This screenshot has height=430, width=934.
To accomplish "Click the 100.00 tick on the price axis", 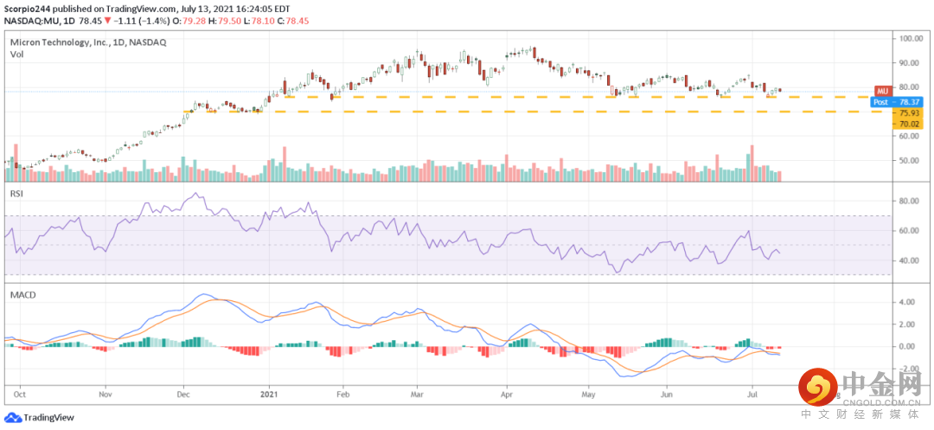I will [x=912, y=38].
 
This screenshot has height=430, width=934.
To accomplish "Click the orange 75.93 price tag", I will [x=909, y=113].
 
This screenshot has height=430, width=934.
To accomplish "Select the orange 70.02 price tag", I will [x=909, y=125].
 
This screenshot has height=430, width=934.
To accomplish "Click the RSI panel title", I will [x=16, y=195].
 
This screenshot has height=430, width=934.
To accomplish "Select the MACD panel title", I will [x=22, y=295].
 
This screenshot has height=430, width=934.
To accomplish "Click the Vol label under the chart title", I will [x=16, y=54].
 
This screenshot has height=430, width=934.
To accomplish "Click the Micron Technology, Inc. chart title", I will [x=58, y=42].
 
